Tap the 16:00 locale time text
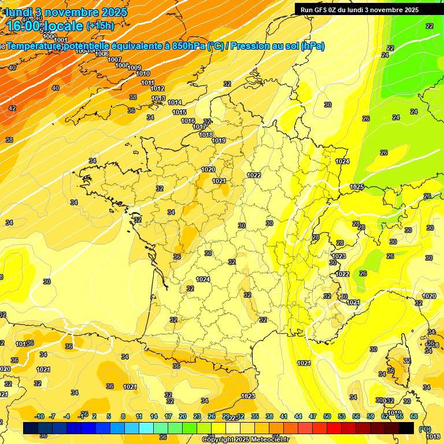[x=45, y=26]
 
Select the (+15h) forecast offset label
[x=100, y=25]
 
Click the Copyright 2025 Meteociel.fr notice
[x=245, y=439]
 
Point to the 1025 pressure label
[x=357, y=187]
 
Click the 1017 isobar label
[x=199, y=127]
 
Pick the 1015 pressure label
[x=179, y=112]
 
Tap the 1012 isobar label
[x=157, y=88]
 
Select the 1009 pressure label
[x=135, y=68]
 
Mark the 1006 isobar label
[x=102, y=54]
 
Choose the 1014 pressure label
[x=175, y=102]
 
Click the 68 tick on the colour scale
[x=414, y=416]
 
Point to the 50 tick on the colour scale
[x=327, y=416]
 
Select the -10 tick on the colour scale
[x=39, y=416]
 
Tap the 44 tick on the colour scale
[x=298, y=416]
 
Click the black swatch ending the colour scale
[x=406, y=428]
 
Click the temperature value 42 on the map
[x=12, y=108]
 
